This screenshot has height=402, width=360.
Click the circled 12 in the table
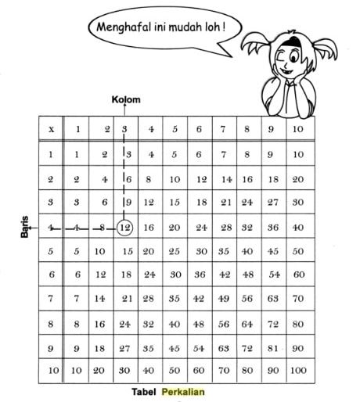click(124, 228)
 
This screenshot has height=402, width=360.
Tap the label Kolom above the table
click(124, 100)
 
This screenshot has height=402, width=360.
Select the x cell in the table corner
click(51, 129)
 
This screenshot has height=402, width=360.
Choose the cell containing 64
click(248, 324)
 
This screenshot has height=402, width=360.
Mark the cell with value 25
click(175, 252)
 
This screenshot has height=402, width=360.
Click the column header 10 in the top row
click(297, 129)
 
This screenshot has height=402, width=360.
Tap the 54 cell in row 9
click(200, 347)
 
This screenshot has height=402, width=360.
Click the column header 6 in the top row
click(200, 129)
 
